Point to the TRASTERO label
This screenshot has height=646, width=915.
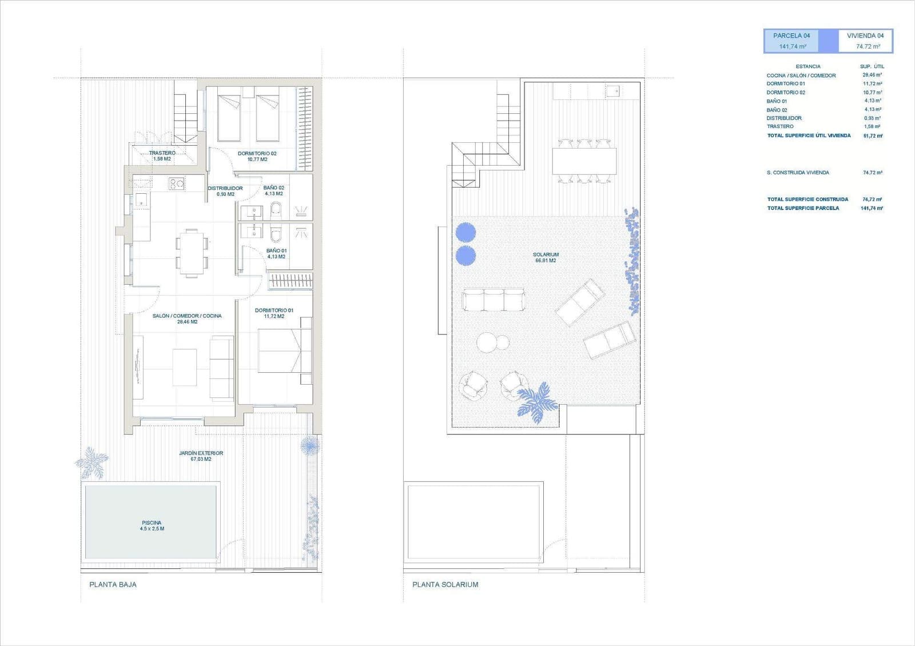tap(162, 153)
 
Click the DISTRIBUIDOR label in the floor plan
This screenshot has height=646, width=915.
tap(225, 188)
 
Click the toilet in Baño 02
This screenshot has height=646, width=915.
tap(276, 210)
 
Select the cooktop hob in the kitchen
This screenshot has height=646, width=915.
tap(176, 184)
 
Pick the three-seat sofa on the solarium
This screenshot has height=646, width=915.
tap(493, 300)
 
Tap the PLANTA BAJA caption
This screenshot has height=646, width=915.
tap(113, 584)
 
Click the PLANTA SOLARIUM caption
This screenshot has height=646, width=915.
tap(445, 584)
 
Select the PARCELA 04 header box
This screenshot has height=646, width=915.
tap(791, 41)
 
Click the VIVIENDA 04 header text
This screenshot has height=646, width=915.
tap(865, 35)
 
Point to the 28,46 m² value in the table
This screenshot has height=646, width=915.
tap(872, 75)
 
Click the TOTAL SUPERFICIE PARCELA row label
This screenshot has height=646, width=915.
tap(803, 208)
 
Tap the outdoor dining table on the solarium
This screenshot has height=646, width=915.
tap(584, 161)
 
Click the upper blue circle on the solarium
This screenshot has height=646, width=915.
tap(466, 233)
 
